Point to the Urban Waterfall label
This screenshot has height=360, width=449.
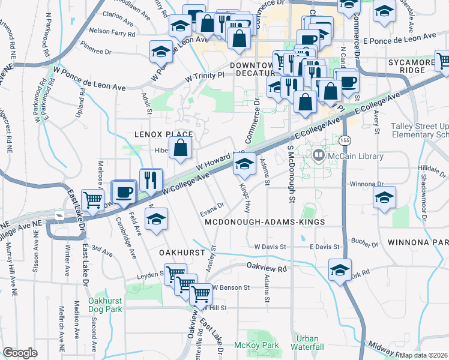pos(305,343)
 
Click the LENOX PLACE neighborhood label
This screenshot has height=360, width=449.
pos(163,134)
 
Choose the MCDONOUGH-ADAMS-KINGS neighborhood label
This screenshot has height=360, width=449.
pos(265,222)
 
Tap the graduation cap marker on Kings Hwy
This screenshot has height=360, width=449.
pos(244,163)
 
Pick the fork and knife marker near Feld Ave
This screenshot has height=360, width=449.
pos(151,180)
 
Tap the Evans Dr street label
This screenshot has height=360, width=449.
pos(212,205)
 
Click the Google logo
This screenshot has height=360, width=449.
pos(20,353)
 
